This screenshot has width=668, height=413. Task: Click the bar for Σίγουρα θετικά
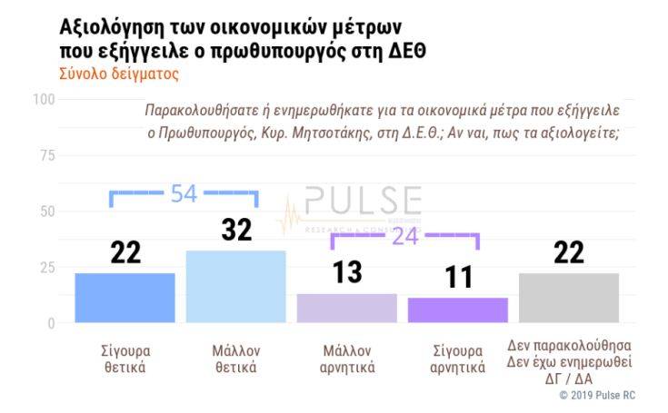125,298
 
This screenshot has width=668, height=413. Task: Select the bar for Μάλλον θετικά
235,286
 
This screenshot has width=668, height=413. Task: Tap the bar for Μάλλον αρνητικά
347,308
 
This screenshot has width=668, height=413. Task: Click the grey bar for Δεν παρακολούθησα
569,298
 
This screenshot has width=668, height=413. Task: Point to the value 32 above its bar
236,230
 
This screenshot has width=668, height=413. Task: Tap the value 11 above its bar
458,277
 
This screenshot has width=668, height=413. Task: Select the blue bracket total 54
184,193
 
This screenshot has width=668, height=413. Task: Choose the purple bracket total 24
405,236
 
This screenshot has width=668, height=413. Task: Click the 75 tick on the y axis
46,154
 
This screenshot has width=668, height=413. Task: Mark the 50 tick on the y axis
46,211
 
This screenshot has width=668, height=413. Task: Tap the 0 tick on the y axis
50,323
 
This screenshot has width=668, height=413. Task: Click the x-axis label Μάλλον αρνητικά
348,359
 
